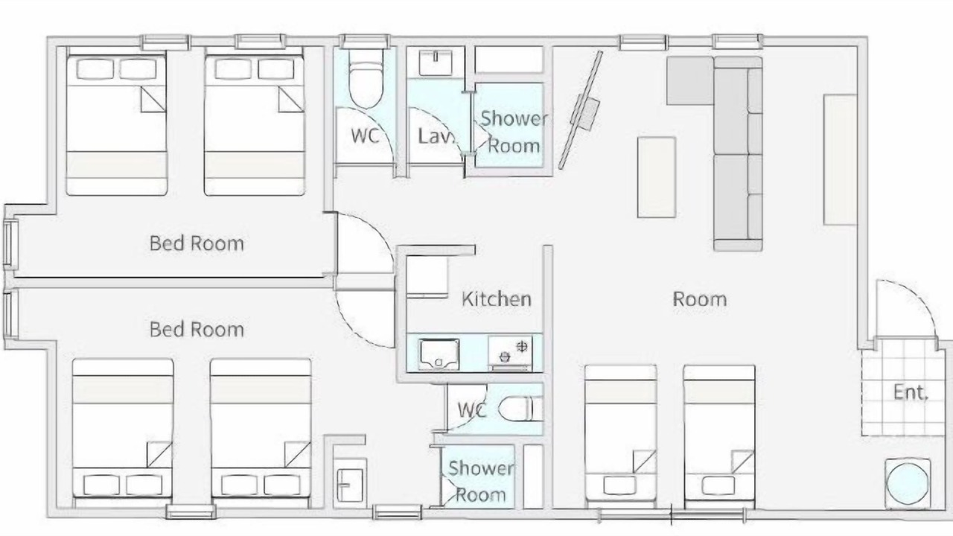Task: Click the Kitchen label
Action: click(497, 299)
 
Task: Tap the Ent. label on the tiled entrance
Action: click(911, 392)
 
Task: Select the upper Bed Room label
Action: click(197, 243)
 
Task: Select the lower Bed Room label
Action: click(197, 330)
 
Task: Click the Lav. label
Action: click(435, 136)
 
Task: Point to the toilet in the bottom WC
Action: click(520, 409)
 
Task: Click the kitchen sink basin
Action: click(439, 354)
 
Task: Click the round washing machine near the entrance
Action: click(908, 484)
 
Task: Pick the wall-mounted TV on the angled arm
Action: click(581, 109)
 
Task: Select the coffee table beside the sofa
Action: click(657, 177)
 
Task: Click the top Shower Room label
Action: click(514, 133)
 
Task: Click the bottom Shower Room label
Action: click(481, 482)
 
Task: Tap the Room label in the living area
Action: click(699, 299)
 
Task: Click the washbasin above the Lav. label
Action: click(436, 63)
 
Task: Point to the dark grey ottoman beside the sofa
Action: click(690, 81)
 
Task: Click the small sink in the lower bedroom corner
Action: click(350, 485)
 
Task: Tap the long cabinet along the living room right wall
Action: click(840, 159)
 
